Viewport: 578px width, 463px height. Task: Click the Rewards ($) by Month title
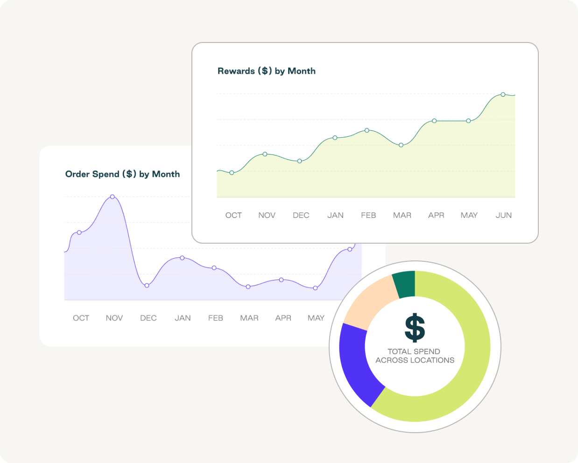(x=266, y=71)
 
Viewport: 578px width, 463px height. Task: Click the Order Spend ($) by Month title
(x=122, y=174)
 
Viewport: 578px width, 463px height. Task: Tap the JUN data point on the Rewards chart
(x=503, y=95)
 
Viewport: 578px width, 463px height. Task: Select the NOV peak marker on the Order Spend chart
(x=113, y=197)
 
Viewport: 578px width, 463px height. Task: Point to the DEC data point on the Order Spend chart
(x=147, y=285)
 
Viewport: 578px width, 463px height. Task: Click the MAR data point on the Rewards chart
(x=401, y=145)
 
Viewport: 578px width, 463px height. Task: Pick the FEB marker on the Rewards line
(x=367, y=131)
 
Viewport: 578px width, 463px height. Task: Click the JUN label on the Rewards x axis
(x=503, y=215)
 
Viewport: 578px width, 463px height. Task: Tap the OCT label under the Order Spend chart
(x=81, y=318)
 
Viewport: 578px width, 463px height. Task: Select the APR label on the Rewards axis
(x=436, y=215)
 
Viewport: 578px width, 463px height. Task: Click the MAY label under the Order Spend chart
(x=316, y=318)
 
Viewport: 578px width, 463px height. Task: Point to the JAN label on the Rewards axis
(x=335, y=215)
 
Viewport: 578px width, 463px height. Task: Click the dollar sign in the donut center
(x=415, y=328)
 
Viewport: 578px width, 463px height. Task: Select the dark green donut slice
(x=404, y=284)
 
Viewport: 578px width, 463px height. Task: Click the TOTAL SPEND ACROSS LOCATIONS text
(x=415, y=356)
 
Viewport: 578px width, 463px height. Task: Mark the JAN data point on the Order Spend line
(x=182, y=258)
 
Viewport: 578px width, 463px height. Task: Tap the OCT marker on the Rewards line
(x=232, y=173)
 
